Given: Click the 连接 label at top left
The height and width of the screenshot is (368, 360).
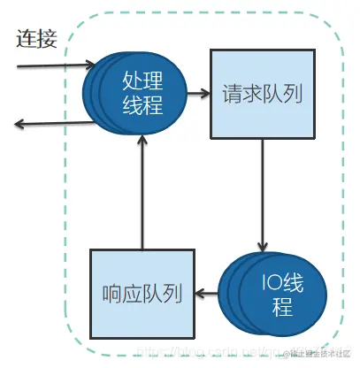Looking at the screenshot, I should click(37, 39).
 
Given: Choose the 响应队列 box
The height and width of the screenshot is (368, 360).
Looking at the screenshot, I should click(142, 293).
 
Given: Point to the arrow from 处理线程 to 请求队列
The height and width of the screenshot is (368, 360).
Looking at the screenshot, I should click(199, 92).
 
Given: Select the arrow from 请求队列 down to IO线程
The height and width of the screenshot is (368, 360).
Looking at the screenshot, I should click(262, 195).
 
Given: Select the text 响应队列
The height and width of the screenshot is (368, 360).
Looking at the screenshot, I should click(142, 293).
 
